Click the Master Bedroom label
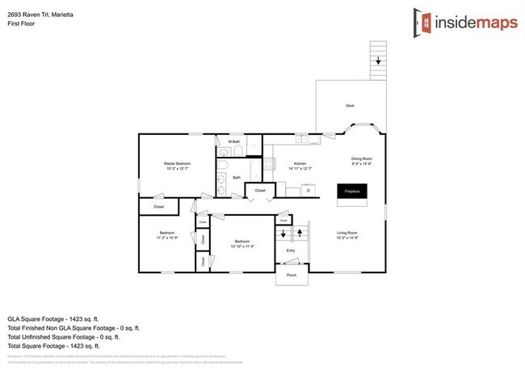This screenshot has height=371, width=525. pyautogui.click(x=177, y=163)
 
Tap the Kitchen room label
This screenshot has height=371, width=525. pyautogui.click(x=300, y=162)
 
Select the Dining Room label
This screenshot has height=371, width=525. pyautogui.click(x=360, y=158)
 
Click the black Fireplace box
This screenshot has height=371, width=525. pyautogui.click(x=352, y=192)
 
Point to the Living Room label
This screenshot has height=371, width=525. pyautogui.click(x=347, y=234)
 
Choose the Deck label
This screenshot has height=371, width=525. pyautogui.click(x=350, y=106)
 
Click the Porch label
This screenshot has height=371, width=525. pyautogui.click(x=292, y=276)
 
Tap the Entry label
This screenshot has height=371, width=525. pyautogui.click(x=291, y=251)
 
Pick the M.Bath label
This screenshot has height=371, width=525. pyautogui.click(x=235, y=142)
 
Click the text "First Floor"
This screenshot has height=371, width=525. pyautogui.click(x=22, y=23)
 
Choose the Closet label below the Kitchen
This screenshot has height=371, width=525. pyautogui.click(x=260, y=190)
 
